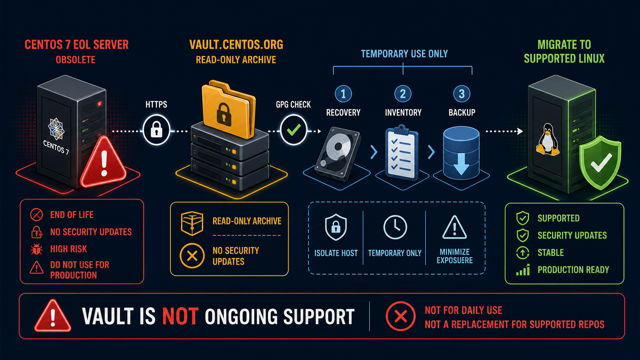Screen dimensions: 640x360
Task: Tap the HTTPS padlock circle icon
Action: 156,130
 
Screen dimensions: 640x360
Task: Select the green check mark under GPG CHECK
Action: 294,130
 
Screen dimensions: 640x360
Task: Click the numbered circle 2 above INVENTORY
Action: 403,94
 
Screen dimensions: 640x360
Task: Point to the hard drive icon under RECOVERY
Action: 338,154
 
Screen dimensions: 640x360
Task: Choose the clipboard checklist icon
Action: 402,152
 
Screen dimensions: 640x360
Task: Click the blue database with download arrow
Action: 461,153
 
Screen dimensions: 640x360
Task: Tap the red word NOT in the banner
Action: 180,316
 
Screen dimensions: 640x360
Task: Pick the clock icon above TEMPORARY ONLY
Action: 395,227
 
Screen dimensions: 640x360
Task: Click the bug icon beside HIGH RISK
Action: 37,249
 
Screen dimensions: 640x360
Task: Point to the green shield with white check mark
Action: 600,163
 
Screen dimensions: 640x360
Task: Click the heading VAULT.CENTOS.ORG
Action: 236,45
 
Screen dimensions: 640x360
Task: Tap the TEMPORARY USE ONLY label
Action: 404,54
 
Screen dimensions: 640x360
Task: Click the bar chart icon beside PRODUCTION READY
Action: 523,270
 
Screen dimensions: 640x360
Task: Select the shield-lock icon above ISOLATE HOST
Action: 336,227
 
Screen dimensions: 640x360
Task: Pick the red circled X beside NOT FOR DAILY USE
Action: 400,316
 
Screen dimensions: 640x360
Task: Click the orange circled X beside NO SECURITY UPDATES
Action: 192,256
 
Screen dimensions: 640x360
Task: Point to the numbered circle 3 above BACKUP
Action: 462,94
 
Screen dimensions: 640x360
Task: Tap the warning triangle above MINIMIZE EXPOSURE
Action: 454,228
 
